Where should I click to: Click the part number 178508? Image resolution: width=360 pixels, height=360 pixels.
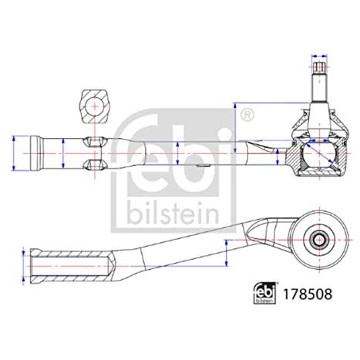click(x=307, y=294)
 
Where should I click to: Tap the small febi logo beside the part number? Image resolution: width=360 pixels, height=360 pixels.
click(x=264, y=293)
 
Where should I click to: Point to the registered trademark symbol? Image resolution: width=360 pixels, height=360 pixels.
click(x=247, y=115)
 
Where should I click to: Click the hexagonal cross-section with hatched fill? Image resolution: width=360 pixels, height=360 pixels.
click(x=95, y=106)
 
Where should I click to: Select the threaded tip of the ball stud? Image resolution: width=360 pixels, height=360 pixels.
click(x=319, y=67)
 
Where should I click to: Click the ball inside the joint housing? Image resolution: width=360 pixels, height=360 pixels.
click(x=319, y=155)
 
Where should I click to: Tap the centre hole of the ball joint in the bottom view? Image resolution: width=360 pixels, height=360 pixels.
click(x=319, y=241)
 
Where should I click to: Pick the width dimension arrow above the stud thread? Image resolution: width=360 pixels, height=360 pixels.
click(x=319, y=56)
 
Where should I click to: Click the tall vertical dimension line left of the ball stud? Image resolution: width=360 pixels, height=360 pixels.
click(x=234, y=128)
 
